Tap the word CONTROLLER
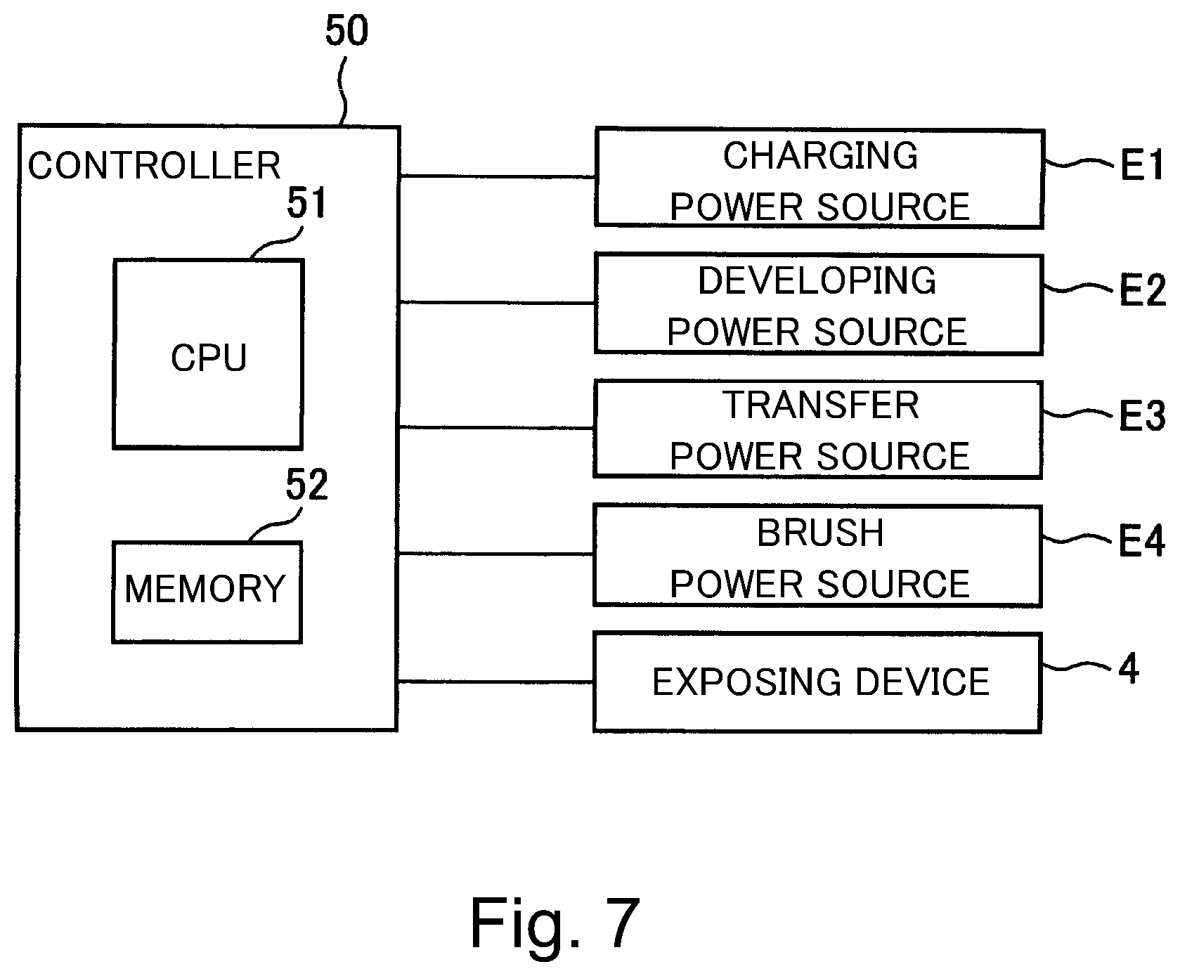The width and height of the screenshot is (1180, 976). [x=154, y=166]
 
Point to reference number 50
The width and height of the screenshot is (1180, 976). [x=346, y=32]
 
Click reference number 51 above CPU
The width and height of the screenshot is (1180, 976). [x=307, y=203]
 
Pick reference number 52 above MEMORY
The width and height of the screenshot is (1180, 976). [x=307, y=485]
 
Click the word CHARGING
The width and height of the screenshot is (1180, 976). [x=820, y=155]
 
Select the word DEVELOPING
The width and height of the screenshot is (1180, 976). [x=817, y=280]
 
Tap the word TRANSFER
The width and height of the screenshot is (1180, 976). [x=821, y=405]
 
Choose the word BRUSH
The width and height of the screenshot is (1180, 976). [x=820, y=533]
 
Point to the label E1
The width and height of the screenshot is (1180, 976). [x=1141, y=166]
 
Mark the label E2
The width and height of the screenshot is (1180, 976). [x=1142, y=290]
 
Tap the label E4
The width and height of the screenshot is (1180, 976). [x=1141, y=542]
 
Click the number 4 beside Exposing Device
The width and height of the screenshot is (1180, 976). [x=1129, y=669]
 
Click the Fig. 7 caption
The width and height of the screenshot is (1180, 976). [x=555, y=922]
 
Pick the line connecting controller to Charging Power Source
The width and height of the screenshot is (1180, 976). [x=498, y=176]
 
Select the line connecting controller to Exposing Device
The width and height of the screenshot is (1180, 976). [x=495, y=682]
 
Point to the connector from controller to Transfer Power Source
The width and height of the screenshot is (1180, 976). [x=496, y=427]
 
